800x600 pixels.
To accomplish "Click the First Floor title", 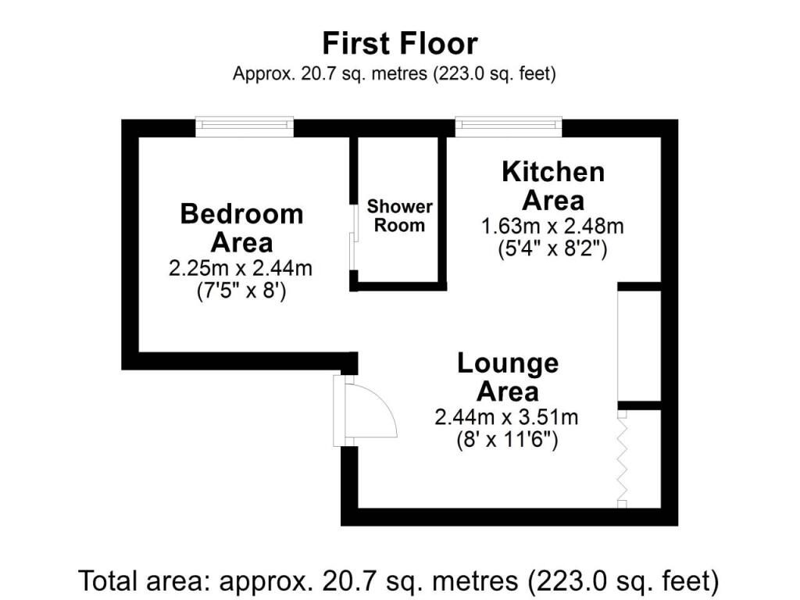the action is coord(400,44).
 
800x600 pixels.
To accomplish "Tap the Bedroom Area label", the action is coord(242,228).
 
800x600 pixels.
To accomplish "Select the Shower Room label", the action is coord(399,216).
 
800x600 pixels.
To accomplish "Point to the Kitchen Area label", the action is coord(553,186).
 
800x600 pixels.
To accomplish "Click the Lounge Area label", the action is coord(508,377).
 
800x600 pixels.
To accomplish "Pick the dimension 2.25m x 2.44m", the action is coord(241,269).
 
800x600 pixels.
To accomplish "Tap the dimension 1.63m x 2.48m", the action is coord(552,226).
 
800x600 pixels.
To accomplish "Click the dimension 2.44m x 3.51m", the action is coord(506,417).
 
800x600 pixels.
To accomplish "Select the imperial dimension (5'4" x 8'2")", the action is coord(552,249).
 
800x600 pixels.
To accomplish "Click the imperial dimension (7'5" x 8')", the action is coord(241,291).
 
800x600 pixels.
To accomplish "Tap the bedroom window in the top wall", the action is coord(245,127).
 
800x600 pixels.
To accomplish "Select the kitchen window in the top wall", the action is coord(508,127).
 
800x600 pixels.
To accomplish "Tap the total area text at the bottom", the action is coord(399,581).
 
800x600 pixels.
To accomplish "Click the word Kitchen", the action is coord(553,172).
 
